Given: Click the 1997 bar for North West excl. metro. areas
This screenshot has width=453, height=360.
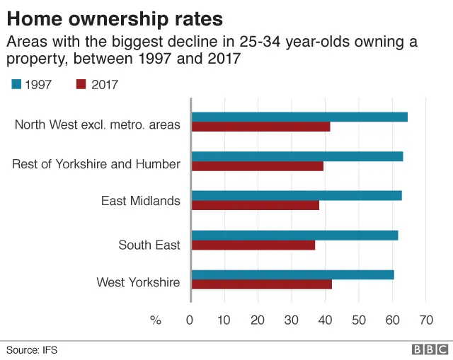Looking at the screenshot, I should [x=299, y=117].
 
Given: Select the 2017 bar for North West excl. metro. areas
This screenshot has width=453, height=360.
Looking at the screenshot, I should [x=260, y=127].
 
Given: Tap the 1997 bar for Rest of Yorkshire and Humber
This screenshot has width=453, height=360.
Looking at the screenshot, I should [x=297, y=156].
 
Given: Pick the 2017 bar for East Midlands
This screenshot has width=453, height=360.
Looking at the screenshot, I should [x=255, y=206].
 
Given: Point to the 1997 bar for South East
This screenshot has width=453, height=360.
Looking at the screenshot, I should [x=294, y=236].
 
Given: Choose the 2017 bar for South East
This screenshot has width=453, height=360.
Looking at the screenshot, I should [x=253, y=245].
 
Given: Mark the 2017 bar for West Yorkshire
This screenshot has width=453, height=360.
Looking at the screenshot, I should [x=261, y=284].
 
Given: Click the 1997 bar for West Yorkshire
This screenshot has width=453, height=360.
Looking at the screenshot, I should [x=292, y=274].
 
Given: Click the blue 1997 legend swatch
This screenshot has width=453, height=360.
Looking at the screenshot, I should [x=16, y=85].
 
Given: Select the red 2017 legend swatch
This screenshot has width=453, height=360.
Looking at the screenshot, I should [x=81, y=85].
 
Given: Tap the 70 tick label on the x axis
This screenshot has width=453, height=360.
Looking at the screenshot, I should [x=425, y=320].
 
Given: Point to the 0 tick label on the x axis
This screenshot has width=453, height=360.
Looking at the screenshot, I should [x=190, y=320].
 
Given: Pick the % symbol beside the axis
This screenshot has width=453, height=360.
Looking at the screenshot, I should [x=156, y=320].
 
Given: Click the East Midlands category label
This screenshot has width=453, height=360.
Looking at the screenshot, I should [x=140, y=201].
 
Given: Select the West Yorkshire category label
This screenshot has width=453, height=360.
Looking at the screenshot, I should [x=138, y=283].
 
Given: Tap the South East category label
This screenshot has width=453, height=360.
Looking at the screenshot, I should [x=149, y=245].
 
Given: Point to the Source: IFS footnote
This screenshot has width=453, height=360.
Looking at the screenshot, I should [x=32, y=349].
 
